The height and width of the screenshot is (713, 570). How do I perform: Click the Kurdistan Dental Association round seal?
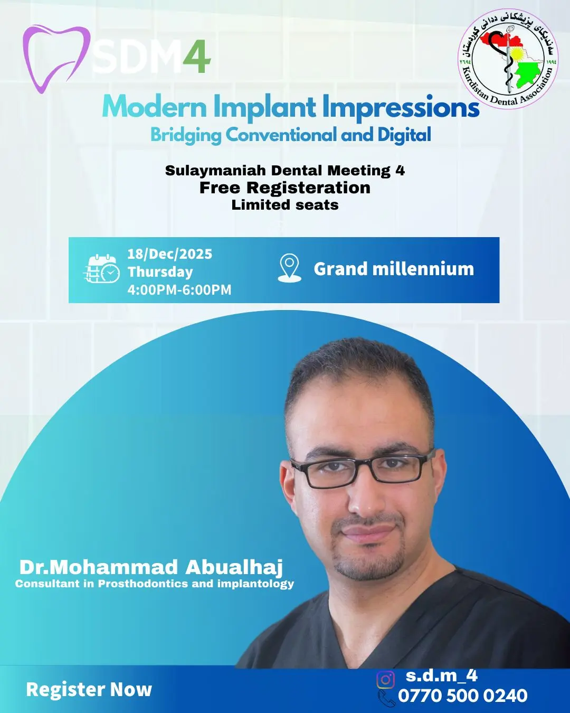(x=508, y=59)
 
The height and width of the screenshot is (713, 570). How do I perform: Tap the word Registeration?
(x=308, y=188)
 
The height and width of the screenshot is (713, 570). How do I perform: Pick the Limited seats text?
(x=285, y=205)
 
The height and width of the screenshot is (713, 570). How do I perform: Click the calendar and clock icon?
(x=101, y=269)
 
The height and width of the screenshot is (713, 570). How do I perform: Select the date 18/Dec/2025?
(x=169, y=254)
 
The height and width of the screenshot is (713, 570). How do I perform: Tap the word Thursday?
(x=160, y=272)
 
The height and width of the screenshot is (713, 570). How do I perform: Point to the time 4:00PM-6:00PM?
(x=179, y=290)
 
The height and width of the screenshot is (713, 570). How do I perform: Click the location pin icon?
(x=289, y=268)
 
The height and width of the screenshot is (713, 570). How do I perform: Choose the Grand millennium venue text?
(x=394, y=269)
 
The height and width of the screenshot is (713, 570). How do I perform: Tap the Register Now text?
(x=89, y=689)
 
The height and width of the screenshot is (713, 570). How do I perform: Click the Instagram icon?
(x=385, y=680)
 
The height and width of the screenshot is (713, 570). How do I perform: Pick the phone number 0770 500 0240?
(x=463, y=696)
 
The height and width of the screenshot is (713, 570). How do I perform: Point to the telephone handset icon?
(x=387, y=698)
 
